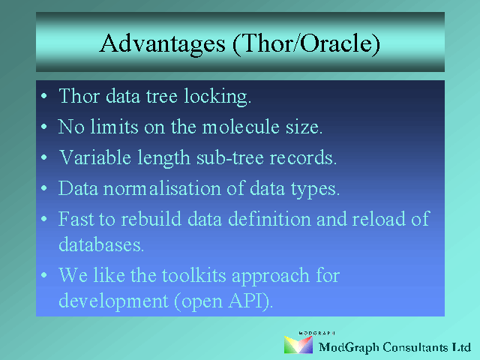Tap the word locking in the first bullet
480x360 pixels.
point(217,97)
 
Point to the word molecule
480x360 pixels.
point(241,127)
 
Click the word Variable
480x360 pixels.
point(95,157)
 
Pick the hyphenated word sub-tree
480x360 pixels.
point(230,157)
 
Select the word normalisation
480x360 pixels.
point(162,188)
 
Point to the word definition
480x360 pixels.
point(269,218)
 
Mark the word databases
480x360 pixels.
point(101,244)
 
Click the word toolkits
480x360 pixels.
point(193,275)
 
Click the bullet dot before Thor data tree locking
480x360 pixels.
point(44,96)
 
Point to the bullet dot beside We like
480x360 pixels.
point(44,275)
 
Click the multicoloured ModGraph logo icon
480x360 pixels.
point(298,345)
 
